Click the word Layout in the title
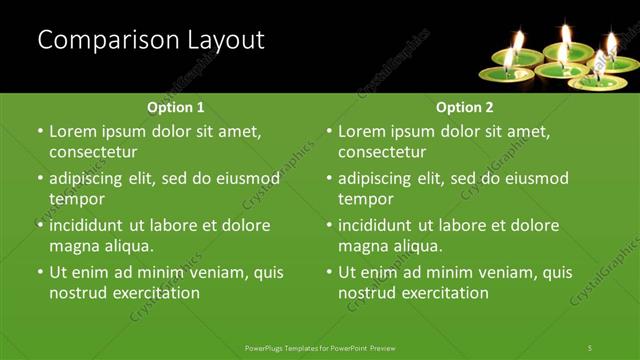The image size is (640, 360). [x=227, y=40]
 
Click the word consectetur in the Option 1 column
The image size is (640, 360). [x=93, y=152]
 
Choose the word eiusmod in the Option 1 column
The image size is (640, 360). [x=244, y=179]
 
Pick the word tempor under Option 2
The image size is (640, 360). [x=365, y=199]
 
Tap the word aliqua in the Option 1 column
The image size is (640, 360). [x=126, y=246]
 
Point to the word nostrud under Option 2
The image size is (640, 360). [x=368, y=293]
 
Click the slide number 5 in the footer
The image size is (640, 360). [x=590, y=347]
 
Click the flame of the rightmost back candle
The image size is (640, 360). [x=610, y=41]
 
